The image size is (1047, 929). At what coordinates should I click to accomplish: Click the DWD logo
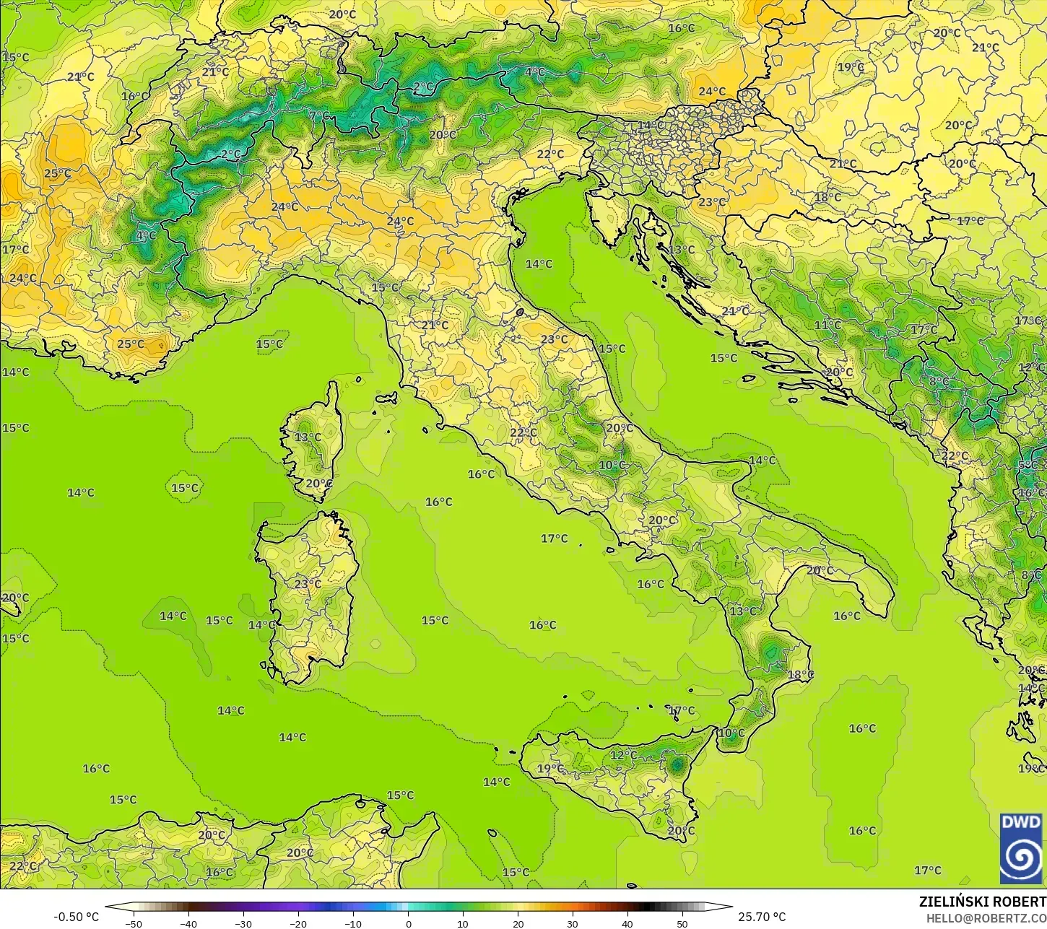click(1022, 849)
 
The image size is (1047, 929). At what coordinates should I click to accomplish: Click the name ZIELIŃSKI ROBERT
click(982, 902)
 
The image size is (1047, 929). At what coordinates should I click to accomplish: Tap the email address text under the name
click(986, 917)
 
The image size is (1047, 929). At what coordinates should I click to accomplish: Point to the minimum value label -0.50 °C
click(76, 917)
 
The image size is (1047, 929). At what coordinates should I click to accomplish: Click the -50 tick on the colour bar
click(134, 923)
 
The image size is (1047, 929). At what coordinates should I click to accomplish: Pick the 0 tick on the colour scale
click(408, 923)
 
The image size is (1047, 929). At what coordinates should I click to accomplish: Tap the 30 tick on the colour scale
click(573, 923)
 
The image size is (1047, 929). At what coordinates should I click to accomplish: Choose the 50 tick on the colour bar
click(682, 923)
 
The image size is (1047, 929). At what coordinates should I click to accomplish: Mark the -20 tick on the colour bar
click(298, 923)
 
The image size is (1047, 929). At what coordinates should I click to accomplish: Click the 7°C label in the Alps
click(318, 115)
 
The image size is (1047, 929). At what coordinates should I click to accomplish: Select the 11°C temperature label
click(827, 325)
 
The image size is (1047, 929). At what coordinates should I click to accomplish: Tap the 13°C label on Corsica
click(308, 437)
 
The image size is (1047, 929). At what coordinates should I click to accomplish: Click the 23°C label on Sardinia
click(308, 584)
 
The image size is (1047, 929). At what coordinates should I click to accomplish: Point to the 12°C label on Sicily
click(623, 755)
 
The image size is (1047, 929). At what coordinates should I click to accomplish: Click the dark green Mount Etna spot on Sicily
click(677, 764)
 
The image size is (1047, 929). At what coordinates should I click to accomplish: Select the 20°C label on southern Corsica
click(319, 484)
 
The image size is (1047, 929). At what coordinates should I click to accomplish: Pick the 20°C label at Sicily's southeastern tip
click(680, 831)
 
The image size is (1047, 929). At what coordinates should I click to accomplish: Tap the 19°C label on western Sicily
click(550, 769)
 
